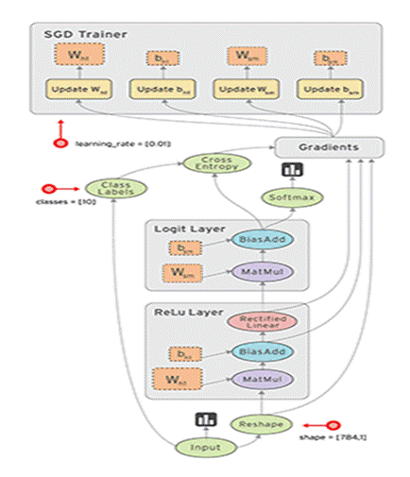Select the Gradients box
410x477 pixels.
pyautogui.click(x=329, y=146)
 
